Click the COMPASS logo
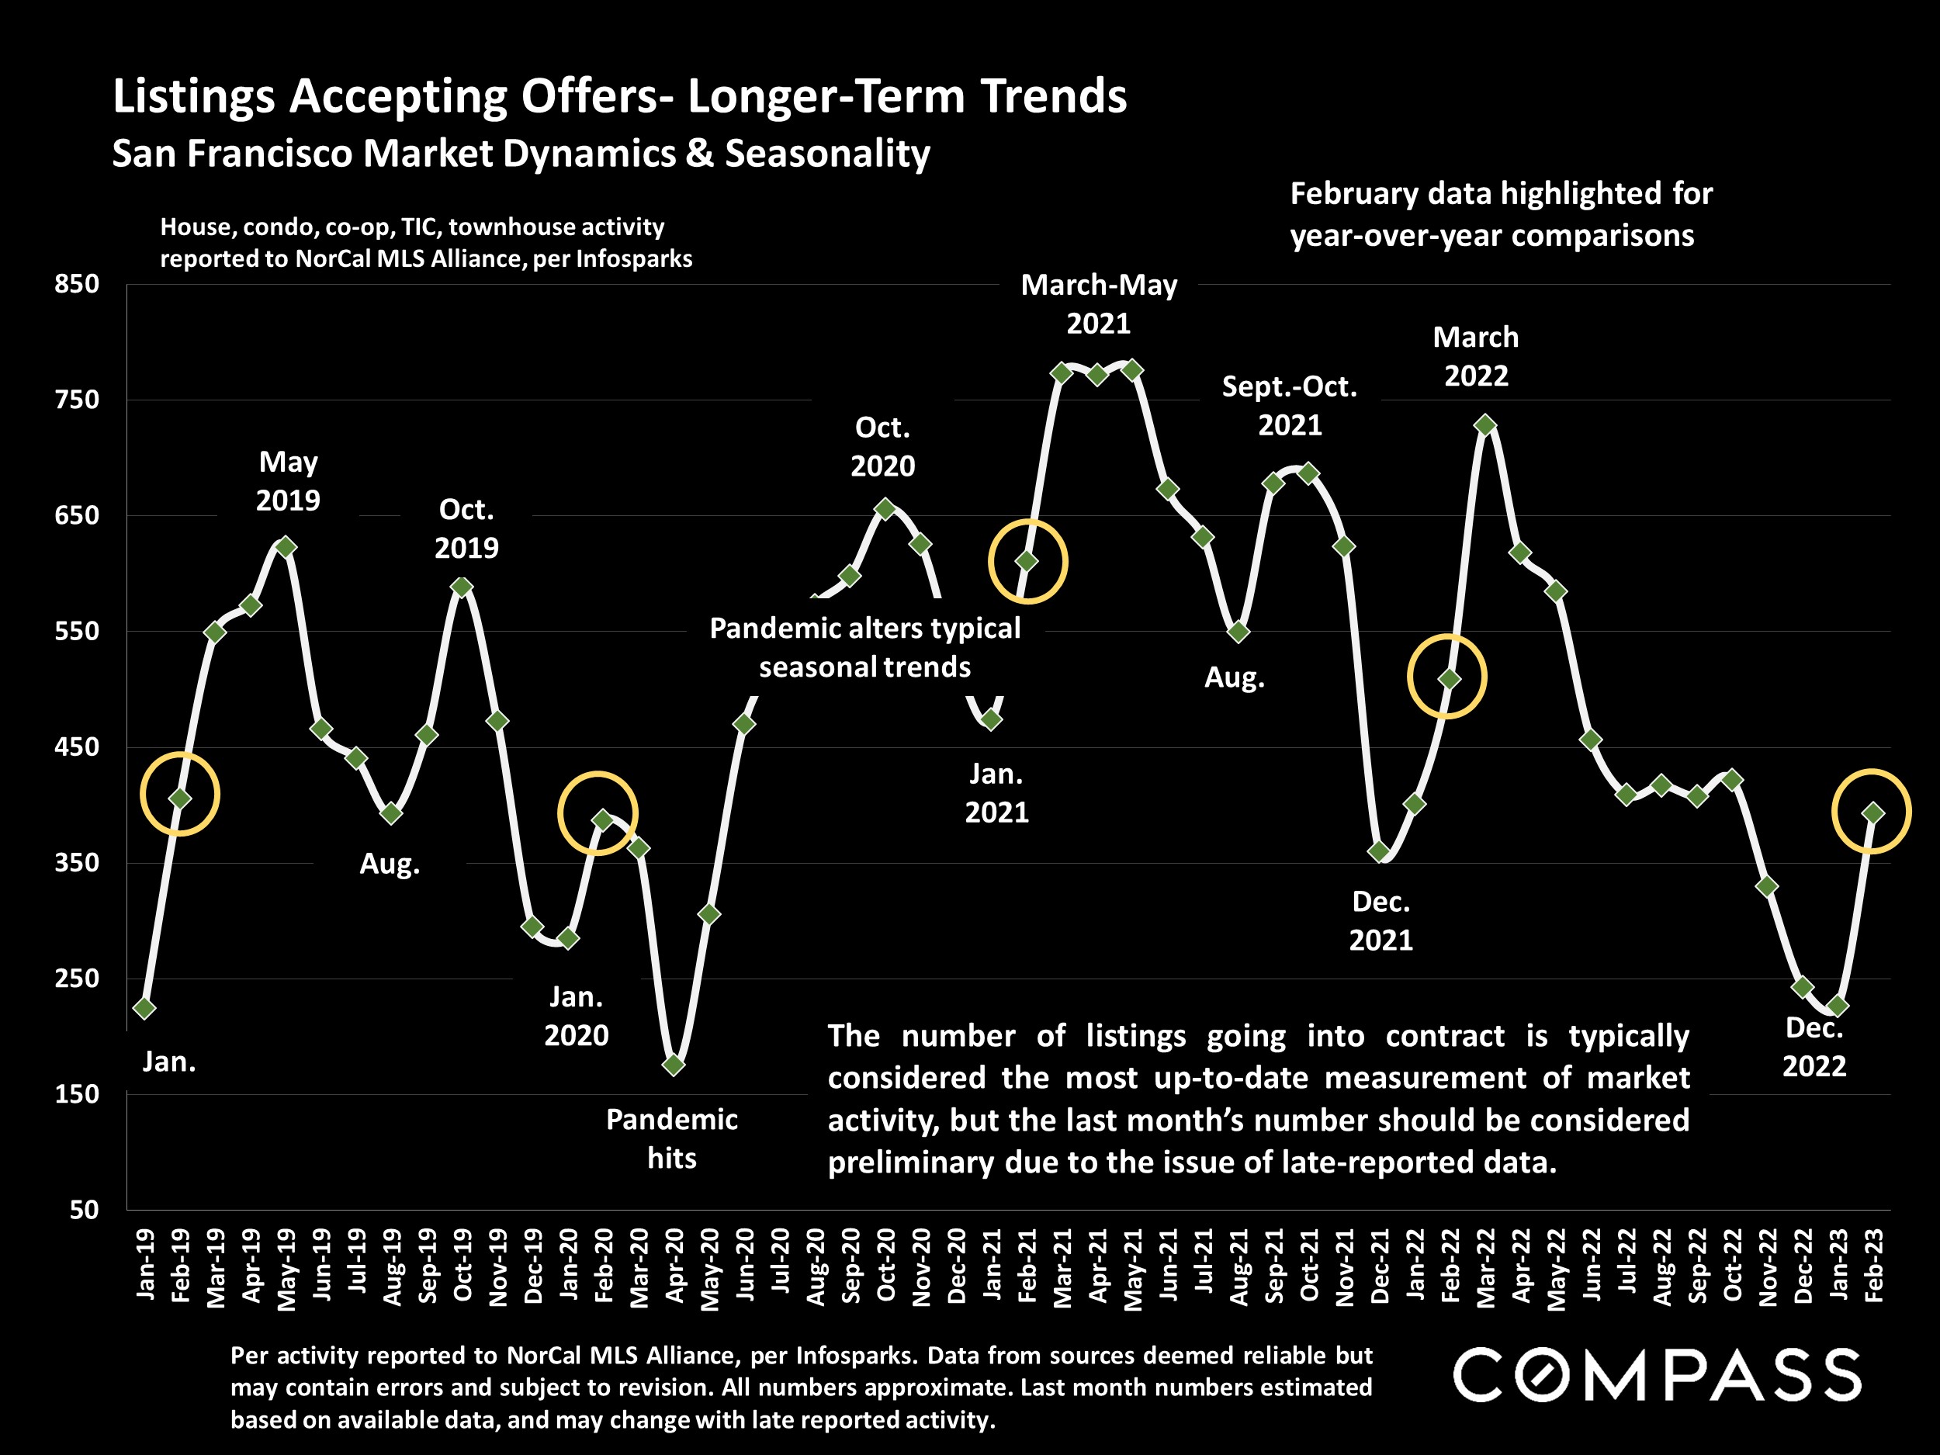tap(1657, 1375)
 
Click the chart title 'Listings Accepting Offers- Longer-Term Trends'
tap(619, 96)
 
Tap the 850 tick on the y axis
tap(77, 284)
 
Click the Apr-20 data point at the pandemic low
tap(674, 1065)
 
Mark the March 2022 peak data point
tap(1484, 425)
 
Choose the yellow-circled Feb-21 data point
tap(1027, 561)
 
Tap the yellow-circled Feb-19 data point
tap(180, 798)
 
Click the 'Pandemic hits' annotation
tap(672, 1138)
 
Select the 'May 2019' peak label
tap(288, 480)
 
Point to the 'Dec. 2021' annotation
tap(1381, 921)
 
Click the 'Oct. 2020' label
tap(882, 446)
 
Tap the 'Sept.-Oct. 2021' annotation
tap(1289, 405)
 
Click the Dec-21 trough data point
tap(1379, 851)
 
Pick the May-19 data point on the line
tap(286, 547)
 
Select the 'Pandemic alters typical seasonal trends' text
tap(864, 647)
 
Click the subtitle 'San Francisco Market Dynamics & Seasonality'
tap(521, 154)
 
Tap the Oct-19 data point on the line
tap(462, 587)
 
